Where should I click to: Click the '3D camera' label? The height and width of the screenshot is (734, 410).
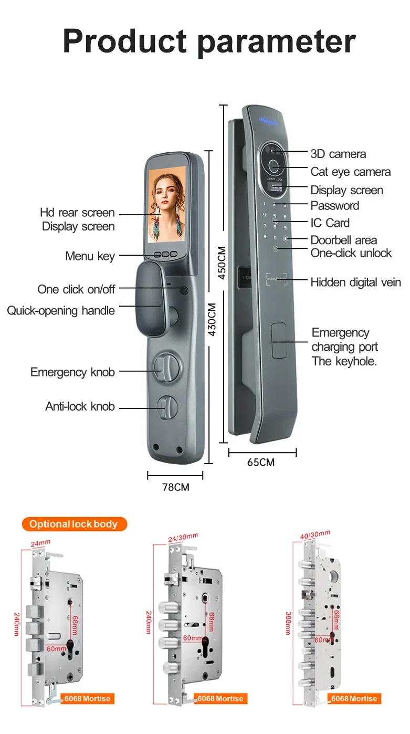[338, 154]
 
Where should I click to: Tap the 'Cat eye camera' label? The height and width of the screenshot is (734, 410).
[350, 172]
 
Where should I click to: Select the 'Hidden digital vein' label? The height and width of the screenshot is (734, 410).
[355, 282]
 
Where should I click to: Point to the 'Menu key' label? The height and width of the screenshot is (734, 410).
[90, 256]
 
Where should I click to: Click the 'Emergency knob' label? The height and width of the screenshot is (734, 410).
[72, 372]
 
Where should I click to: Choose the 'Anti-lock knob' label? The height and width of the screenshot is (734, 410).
[80, 406]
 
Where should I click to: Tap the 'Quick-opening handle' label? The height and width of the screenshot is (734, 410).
[61, 311]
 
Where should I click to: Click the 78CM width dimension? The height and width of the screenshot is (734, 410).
[175, 487]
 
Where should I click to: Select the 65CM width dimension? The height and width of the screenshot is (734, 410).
[261, 463]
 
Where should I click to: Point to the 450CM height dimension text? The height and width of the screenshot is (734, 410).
[222, 263]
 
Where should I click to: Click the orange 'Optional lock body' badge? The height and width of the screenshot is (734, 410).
[74, 524]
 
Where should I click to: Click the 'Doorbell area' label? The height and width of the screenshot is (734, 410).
[343, 240]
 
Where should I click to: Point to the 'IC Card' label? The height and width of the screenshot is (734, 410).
[330, 223]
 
